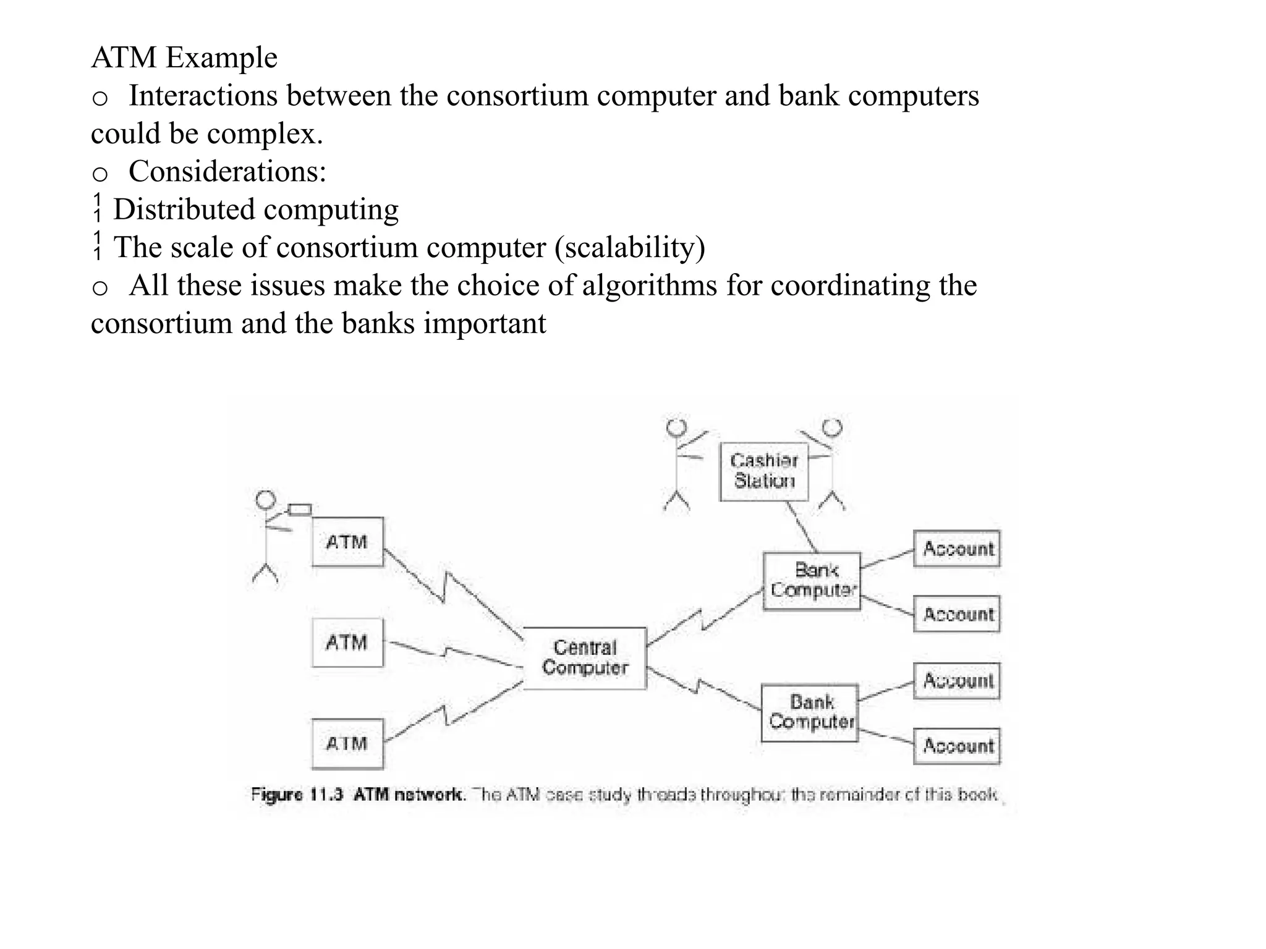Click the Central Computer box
pyautogui.click(x=585, y=658)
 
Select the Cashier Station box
pyautogui.click(x=764, y=471)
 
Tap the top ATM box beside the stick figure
pyautogui.click(x=347, y=542)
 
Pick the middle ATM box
pyautogui.click(x=347, y=643)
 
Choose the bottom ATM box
pyautogui.click(x=347, y=743)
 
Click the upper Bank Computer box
pyautogui.click(x=812, y=581)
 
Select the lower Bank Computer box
pyautogui.click(x=810, y=712)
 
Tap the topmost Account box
pyautogui.click(x=957, y=549)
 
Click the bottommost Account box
pyautogui.click(x=957, y=746)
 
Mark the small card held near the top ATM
pyautogui.click(x=300, y=510)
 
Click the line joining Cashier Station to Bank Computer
pyautogui.click(x=802, y=527)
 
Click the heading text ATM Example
pyautogui.click(x=184, y=57)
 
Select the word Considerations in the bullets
pyautogui.click(x=227, y=171)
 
